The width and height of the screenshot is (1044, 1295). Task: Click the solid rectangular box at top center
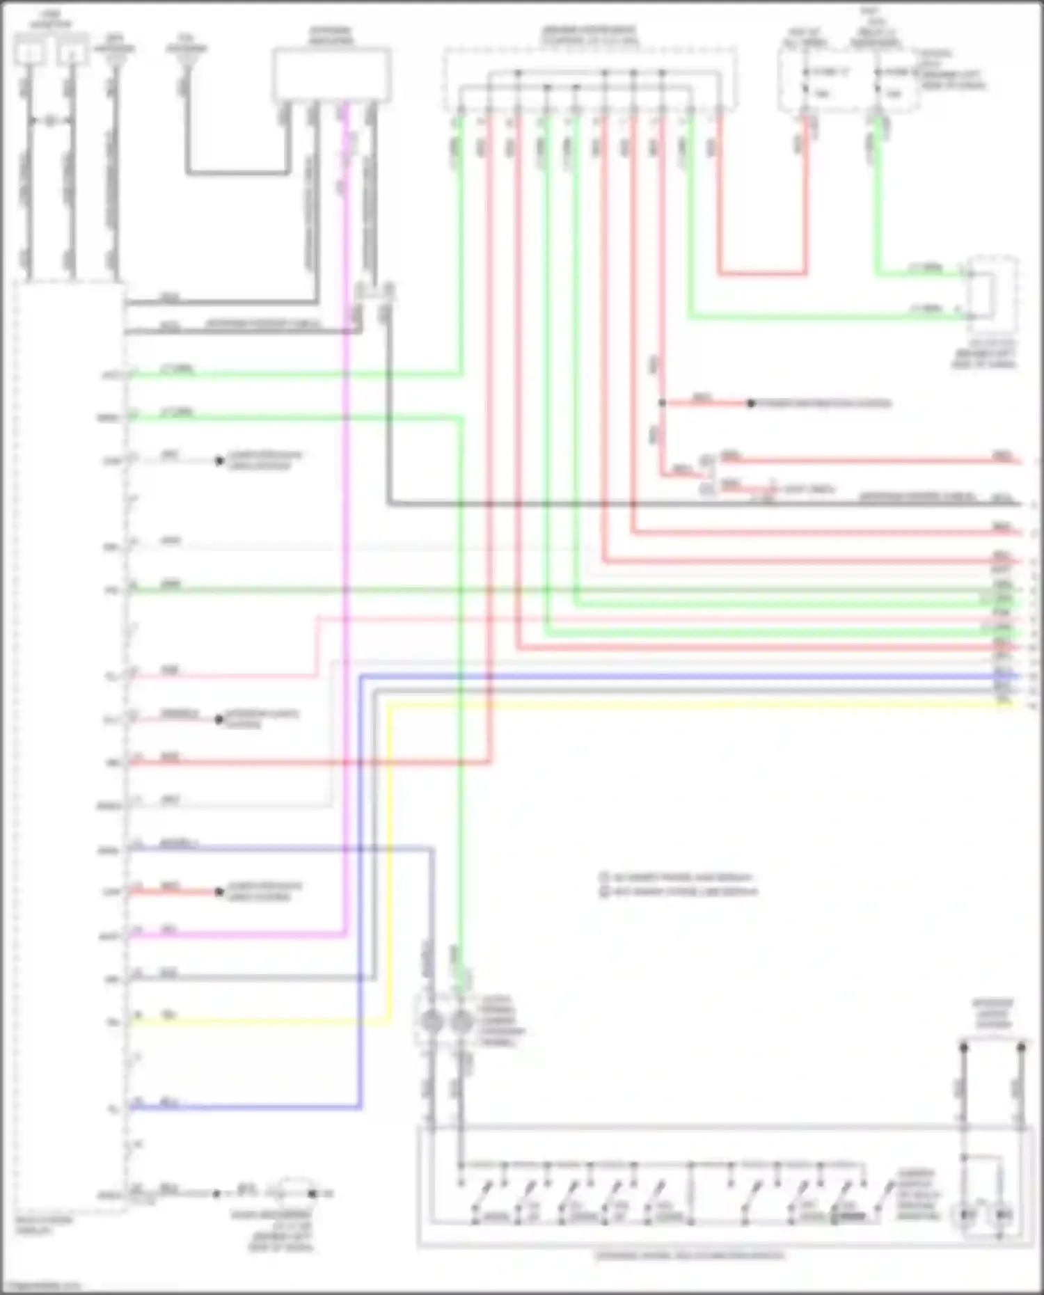click(331, 75)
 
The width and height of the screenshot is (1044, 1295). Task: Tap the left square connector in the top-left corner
click(30, 52)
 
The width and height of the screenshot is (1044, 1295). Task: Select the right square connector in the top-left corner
click(72, 52)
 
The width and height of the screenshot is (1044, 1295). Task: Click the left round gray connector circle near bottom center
click(432, 1022)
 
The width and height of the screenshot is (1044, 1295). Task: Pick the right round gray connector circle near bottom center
click(461, 1022)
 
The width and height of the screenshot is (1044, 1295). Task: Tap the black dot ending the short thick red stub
click(219, 891)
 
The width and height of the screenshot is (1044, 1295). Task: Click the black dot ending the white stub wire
click(219, 461)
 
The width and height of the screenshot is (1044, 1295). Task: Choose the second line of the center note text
click(679, 891)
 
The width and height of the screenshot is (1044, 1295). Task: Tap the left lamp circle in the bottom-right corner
click(968, 1215)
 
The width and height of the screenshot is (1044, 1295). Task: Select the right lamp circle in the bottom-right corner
click(1004, 1215)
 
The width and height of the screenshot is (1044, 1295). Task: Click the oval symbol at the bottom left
click(296, 1193)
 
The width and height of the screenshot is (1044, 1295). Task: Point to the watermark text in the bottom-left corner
click(42, 1286)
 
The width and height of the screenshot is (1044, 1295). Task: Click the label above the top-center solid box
click(331, 35)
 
